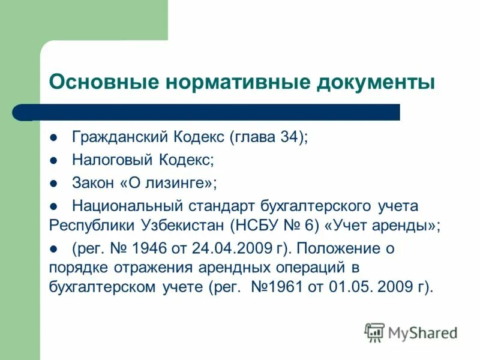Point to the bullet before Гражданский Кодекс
(53, 137)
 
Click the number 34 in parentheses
(289, 137)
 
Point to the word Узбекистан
(190, 226)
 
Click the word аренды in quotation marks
(404, 226)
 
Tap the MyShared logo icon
(375, 332)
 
